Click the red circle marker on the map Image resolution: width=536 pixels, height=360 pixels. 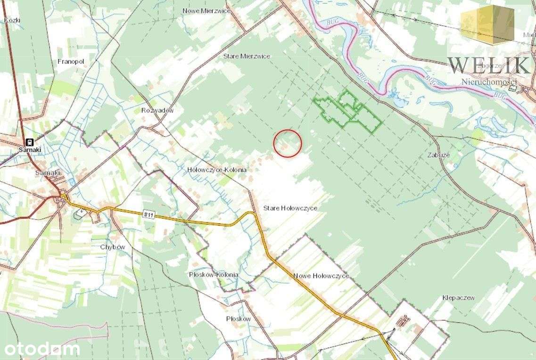pos(288,143)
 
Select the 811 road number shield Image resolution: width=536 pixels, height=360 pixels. pos(148,214)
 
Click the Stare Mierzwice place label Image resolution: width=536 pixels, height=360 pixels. pos(246,56)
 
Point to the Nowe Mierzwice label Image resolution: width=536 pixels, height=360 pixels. pos(206,10)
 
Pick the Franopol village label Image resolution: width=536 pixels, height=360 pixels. pos(70,61)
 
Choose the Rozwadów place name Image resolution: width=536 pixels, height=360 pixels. pos(157,111)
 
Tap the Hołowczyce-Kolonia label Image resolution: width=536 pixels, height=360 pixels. pos(217,170)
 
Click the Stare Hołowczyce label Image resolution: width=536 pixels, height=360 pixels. pos(290,208)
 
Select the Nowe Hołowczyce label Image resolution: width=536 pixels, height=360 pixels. pos(321,276)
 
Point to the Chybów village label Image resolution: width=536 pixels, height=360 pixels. pos(112,247)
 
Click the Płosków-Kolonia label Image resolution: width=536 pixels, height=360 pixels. pos(213,275)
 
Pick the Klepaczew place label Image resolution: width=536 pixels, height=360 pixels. pos(458,298)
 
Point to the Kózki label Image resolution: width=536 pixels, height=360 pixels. pos(12,20)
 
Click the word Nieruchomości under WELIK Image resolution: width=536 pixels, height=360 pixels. pos(489,82)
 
